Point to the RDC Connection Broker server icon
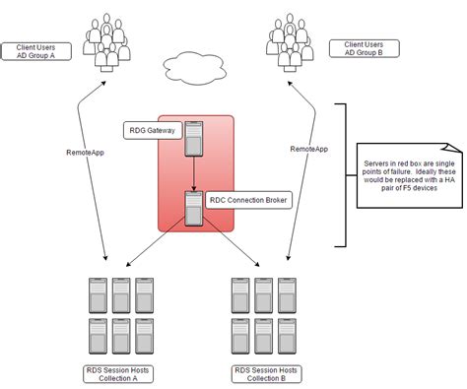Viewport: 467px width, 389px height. [x=194, y=207]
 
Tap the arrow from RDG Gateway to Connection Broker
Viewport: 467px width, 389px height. [x=195, y=174]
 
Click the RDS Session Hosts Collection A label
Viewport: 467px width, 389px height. [x=119, y=375]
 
